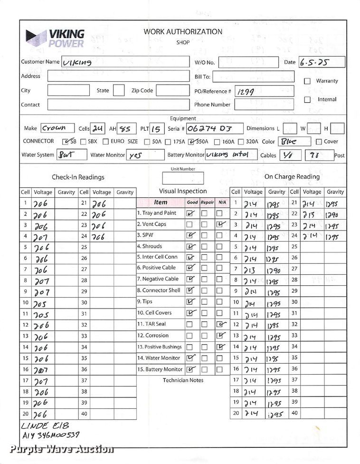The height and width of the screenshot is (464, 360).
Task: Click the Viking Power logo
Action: pyautogui.click(x=56, y=38)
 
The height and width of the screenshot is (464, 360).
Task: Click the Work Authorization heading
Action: pyautogui.click(x=183, y=32)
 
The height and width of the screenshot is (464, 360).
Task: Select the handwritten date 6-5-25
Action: pyautogui.click(x=314, y=62)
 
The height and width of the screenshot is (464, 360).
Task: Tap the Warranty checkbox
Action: pyautogui.click(x=307, y=81)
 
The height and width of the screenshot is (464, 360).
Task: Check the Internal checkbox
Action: pyautogui.click(x=307, y=100)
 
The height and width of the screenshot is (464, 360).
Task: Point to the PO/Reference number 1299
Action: pyautogui.click(x=246, y=92)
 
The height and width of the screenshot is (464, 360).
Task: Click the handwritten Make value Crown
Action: pyautogui.click(x=55, y=128)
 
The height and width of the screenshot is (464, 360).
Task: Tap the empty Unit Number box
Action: pyautogui.click(x=183, y=178)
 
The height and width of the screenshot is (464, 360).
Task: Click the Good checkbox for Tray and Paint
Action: pyautogui.click(x=190, y=214)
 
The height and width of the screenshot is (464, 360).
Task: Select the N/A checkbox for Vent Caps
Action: pyautogui.click(x=219, y=224)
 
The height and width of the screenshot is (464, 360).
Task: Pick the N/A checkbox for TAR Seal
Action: pyautogui.click(x=219, y=324)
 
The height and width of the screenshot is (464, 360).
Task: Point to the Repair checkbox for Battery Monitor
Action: pyautogui.click(x=205, y=369)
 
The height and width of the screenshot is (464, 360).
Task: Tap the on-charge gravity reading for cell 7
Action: pyautogui.click(x=274, y=270)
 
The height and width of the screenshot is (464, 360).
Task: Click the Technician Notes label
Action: pyautogui.click(x=183, y=380)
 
